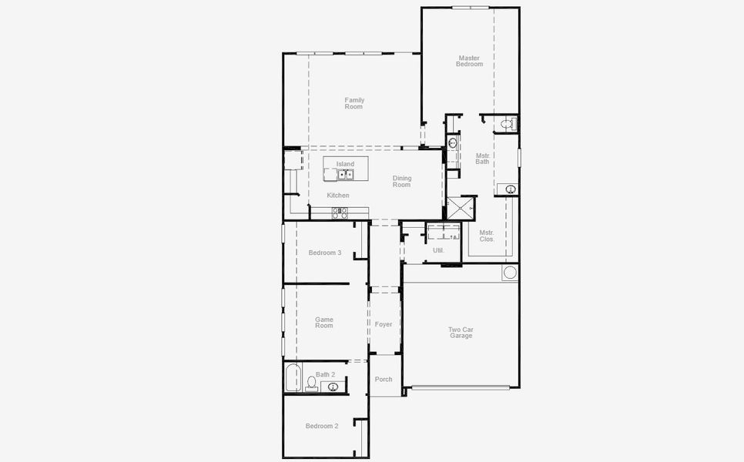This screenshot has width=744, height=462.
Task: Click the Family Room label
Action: click(354, 103)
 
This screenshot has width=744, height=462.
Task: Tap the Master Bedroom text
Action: click(469, 61)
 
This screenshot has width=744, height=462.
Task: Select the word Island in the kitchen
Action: click(345, 164)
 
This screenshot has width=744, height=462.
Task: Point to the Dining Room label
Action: click(402, 182)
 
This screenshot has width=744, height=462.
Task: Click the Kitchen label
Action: click(338, 196)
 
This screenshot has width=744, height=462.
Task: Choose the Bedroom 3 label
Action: click(324, 253)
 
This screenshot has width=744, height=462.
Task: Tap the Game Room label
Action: click(324, 323)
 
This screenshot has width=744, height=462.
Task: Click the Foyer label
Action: click(384, 324)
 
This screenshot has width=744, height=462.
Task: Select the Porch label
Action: click(384, 379)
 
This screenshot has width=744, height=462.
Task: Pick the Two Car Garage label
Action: click(461, 333)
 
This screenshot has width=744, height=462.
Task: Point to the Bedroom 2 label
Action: click(322, 426)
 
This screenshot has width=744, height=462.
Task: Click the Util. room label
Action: click(438, 250)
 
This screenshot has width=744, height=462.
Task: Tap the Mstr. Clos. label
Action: click(487, 236)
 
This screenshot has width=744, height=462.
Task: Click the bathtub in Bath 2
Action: click(292, 377)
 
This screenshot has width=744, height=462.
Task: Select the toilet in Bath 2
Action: click(311, 383)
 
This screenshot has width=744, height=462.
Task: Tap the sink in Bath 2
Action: click(333, 387)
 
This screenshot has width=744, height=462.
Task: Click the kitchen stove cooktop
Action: click(340, 213)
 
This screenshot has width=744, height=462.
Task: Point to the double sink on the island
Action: click(345, 175)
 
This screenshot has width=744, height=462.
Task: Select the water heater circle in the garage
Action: click(510, 273)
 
